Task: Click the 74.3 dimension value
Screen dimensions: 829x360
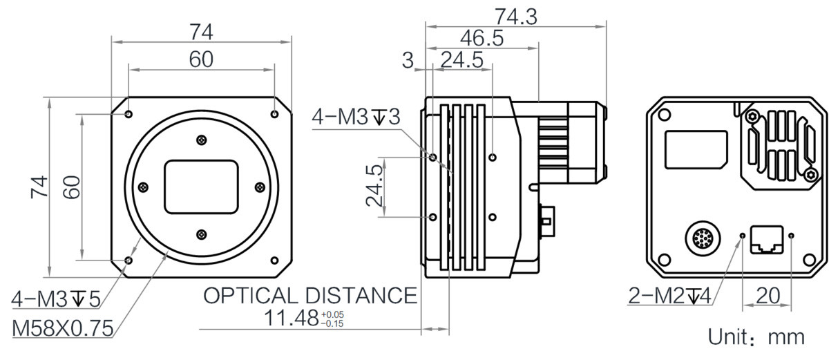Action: [516, 17]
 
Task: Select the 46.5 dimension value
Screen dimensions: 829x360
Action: [482, 38]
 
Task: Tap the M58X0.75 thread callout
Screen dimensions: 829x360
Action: [63, 328]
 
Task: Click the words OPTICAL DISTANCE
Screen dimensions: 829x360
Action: [310, 295]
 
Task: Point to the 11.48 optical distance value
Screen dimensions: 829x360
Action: [292, 318]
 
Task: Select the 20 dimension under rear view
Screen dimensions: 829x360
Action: [768, 295]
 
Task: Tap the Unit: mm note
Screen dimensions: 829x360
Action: [756, 337]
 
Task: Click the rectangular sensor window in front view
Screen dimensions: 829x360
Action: [201, 187]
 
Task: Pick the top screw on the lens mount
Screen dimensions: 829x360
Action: [202, 140]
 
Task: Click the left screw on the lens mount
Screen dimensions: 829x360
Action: [143, 187]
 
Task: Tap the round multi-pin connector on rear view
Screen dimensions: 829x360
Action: [703, 238]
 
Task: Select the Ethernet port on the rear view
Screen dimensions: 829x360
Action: [767, 240]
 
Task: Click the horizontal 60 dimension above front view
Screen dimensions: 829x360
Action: [201, 59]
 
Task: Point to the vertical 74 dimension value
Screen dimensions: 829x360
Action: [39, 187]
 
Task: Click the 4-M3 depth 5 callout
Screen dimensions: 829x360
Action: [56, 299]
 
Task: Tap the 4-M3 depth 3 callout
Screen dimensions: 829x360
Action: [356, 117]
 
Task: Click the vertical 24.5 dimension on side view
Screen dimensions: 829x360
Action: [374, 186]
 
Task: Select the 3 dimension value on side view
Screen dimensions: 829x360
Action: [408, 60]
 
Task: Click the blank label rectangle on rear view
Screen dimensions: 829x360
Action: [696, 149]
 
